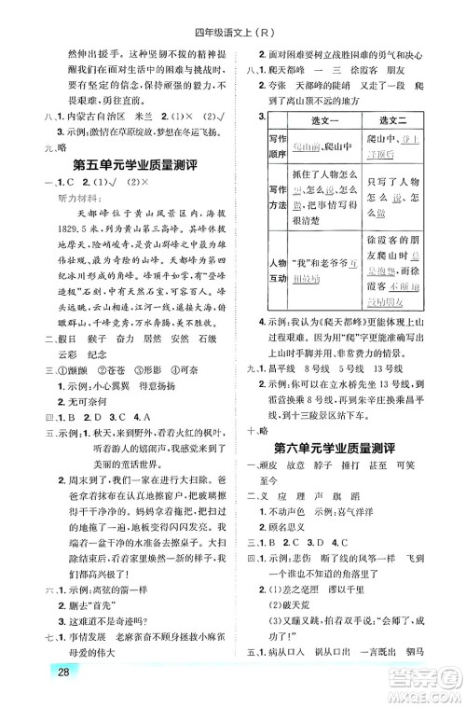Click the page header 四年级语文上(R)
tap(233, 11)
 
